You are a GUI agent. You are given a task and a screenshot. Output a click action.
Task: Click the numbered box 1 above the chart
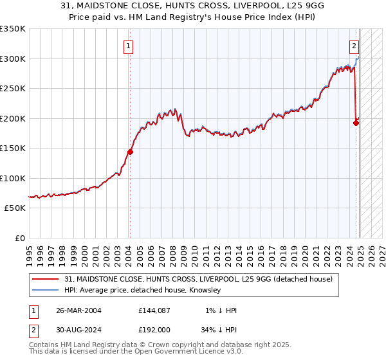129,46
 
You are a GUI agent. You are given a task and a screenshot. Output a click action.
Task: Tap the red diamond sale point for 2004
130,152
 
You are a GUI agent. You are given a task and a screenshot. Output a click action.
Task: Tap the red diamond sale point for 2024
356,123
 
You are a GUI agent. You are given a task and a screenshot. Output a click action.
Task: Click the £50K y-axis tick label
15,208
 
